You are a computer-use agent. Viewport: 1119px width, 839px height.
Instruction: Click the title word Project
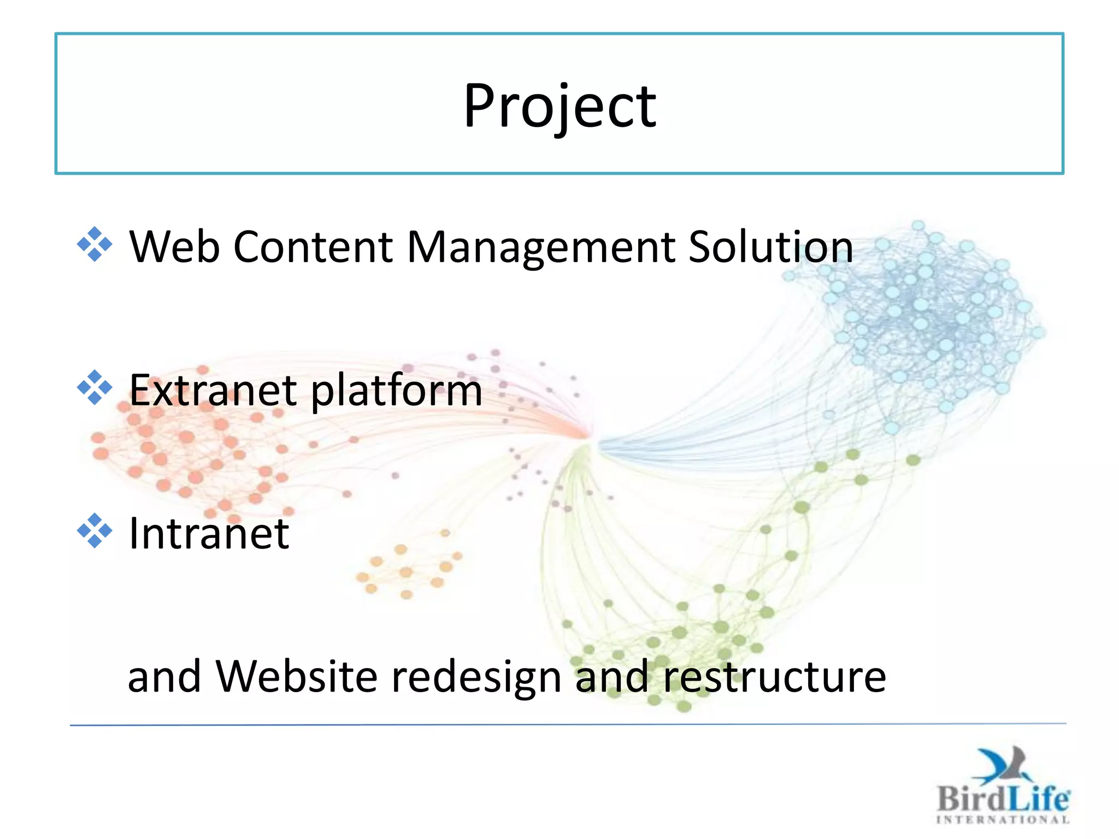pyautogui.click(x=559, y=107)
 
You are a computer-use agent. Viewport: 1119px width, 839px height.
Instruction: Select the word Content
pyautogui.click(x=313, y=247)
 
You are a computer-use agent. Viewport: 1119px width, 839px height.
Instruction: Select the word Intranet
pyautogui.click(x=209, y=534)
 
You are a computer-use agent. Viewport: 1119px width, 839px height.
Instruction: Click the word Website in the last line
pyautogui.click(x=296, y=677)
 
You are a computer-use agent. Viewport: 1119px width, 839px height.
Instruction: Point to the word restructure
pyautogui.click(x=774, y=677)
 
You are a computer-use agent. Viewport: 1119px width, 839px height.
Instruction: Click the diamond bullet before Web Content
pyautogui.click(x=95, y=244)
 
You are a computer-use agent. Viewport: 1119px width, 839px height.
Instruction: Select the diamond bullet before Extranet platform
pyautogui.click(x=95, y=388)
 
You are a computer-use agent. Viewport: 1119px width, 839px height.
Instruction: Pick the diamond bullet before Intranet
pyautogui.click(x=95, y=531)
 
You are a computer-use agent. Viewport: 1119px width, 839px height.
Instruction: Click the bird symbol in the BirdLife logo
pyautogui.click(x=1003, y=765)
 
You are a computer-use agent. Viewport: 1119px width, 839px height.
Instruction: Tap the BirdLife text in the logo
pyautogui.click(x=1003, y=799)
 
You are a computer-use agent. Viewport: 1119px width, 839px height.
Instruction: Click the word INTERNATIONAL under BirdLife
pyautogui.click(x=1003, y=819)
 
